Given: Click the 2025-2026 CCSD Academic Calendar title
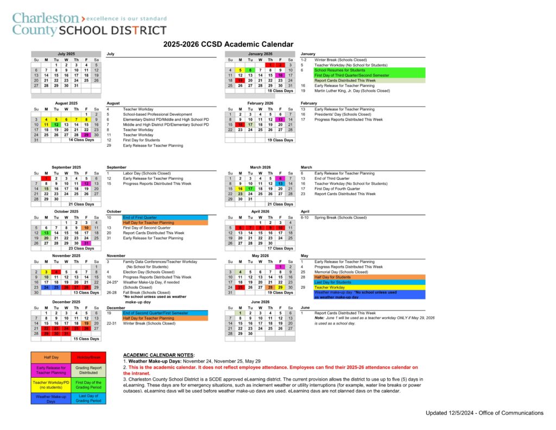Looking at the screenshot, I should [x=228, y=44].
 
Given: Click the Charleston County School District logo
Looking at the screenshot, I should [x=90, y=24].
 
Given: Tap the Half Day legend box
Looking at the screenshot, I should [x=50, y=357].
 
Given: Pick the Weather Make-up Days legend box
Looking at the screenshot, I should [x=50, y=398].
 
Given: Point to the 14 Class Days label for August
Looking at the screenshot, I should [x=81, y=140].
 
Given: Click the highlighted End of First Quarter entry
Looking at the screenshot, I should [x=144, y=217].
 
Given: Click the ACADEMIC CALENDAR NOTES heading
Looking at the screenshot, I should [x=159, y=354].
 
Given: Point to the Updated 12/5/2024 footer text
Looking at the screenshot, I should [x=484, y=413].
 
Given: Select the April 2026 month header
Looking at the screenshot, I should [x=260, y=211].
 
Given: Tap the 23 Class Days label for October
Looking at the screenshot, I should [x=81, y=248].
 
